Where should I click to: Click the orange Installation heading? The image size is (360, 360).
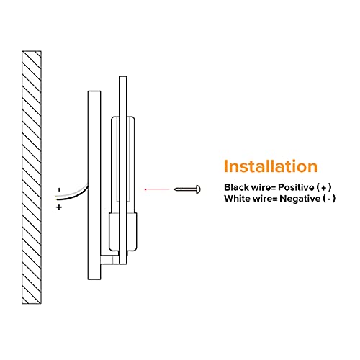click(271, 166)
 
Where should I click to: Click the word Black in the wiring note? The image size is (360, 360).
click(236, 187)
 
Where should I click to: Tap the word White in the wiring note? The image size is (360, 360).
click(237, 199)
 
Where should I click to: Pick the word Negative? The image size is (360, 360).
click(300, 199)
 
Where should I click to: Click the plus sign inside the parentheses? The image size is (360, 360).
click(324, 188)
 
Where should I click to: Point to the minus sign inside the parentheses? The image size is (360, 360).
click(329, 199)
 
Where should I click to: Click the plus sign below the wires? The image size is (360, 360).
click(59, 207)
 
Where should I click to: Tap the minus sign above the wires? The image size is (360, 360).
click(59, 190)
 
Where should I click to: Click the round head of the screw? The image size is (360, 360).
click(198, 189)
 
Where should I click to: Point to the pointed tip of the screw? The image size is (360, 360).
click(174, 189)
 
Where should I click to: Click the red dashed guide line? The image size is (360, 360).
click(157, 189)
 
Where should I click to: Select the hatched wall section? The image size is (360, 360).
click(32, 177)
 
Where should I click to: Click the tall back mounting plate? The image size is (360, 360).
click(94, 185)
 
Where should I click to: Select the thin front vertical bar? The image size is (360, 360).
click(123, 170)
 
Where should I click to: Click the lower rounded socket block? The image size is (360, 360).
click(123, 232)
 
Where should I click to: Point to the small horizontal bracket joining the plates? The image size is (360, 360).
click(110, 260)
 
